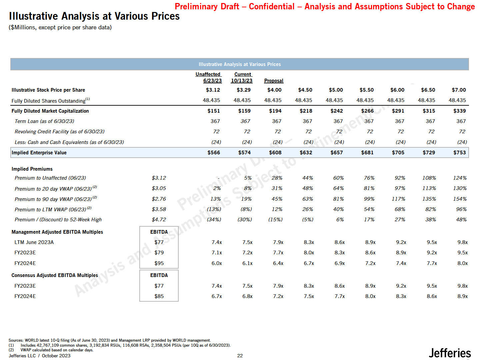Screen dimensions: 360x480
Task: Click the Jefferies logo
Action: pyautogui.click(x=450, y=353)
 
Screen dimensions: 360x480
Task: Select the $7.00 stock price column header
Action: pyautogui.click(x=459, y=90)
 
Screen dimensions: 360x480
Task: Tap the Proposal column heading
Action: pyautogui.click(x=274, y=81)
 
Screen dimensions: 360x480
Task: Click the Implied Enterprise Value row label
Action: pyautogui.click(x=39, y=153)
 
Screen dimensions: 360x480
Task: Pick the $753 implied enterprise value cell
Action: pyautogui.click(x=459, y=153)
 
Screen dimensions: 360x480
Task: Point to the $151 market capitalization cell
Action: pyautogui.click(x=214, y=111)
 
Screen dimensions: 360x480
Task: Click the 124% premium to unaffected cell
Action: pyautogui.click(x=460, y=178)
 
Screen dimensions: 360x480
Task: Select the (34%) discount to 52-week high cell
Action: pyautogui.click(x=214, y=220)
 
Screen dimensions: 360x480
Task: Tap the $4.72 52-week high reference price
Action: pyautogui.click(x=159, y=220)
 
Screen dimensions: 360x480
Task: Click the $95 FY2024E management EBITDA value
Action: pyautogui.click(x=159, y=263)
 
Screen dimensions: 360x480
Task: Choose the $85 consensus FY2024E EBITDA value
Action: pyautogui.click(x=159, y=296)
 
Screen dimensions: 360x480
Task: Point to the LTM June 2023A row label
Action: pyautogui.click(x=34, y=242)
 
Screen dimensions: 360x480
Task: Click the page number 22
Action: pyautogui.click(x=240, y=356)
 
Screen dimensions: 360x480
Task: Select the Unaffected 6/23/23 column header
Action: pyautogui.click(x=209, y=77)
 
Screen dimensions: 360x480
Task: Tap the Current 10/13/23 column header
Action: pyautogui.click(x=242, y=77)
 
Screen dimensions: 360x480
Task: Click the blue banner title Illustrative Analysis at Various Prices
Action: pyautogui.click(x=240, y=64)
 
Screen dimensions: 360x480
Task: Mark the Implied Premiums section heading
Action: pyautogui.click(x=32, y=169)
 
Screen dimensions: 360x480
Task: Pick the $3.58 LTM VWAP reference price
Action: pyautogui.click(x=159, y=209)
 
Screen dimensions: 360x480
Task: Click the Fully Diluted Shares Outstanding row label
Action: pyautogui.click(x=50, y=101)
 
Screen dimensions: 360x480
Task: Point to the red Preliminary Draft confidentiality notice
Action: pyautogui.click(x=325, y=7)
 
